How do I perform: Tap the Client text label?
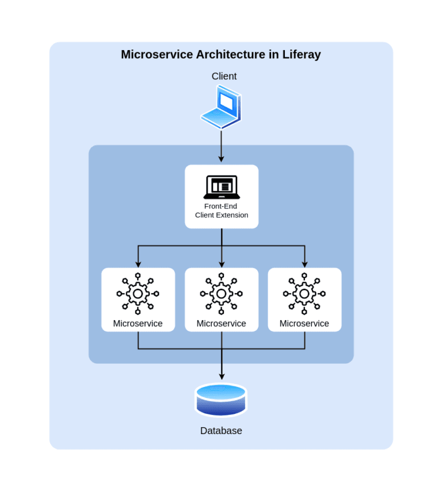coord(224,76)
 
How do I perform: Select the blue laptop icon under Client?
coord(222,107)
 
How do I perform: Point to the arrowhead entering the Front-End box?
coord(222,159)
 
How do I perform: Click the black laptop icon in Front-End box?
coord(222,187)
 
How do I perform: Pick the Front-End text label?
coord(221,206)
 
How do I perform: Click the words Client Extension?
coord(222,215)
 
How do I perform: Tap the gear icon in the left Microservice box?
coord(138,294)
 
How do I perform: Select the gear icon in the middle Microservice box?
coord(222,294)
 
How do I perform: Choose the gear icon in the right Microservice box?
coord(304,294)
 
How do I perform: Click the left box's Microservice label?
coord(138,323)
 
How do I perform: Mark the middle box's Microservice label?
coord(222,323)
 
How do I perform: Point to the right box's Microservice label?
coord(304,323)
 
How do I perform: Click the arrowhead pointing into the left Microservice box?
coord(138,264)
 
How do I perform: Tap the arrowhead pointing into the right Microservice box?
coord(304,264)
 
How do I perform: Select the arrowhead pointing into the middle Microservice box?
coord(222,264)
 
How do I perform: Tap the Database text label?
coord(221,431)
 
